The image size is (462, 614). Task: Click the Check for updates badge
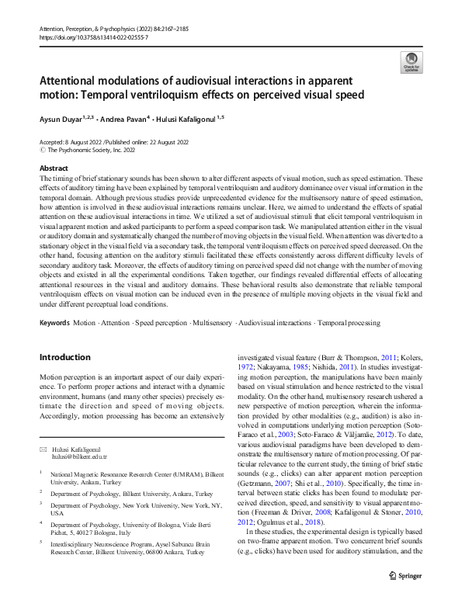[x=409, y=62]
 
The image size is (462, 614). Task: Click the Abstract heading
[x=53, y=168]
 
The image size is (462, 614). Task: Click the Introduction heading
[x=64, y=357]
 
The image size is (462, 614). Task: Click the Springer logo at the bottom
[x=405, y=577]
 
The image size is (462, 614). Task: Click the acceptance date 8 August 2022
[x=90, y=143]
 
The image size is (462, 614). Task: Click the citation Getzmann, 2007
[x=272, y=482]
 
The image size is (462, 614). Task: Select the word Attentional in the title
[x=78, y=82]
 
